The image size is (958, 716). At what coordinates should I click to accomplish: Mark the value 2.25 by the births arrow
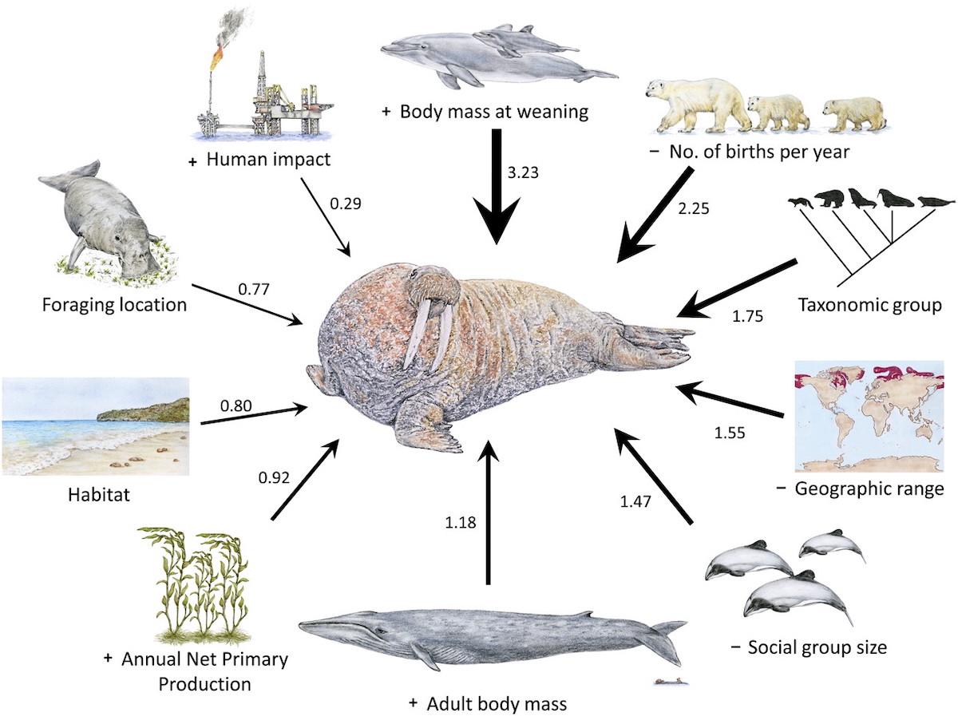point(691,210)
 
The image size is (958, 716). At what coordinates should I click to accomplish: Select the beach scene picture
point(95,426)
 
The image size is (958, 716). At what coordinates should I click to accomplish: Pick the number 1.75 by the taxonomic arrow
point(747,316)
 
